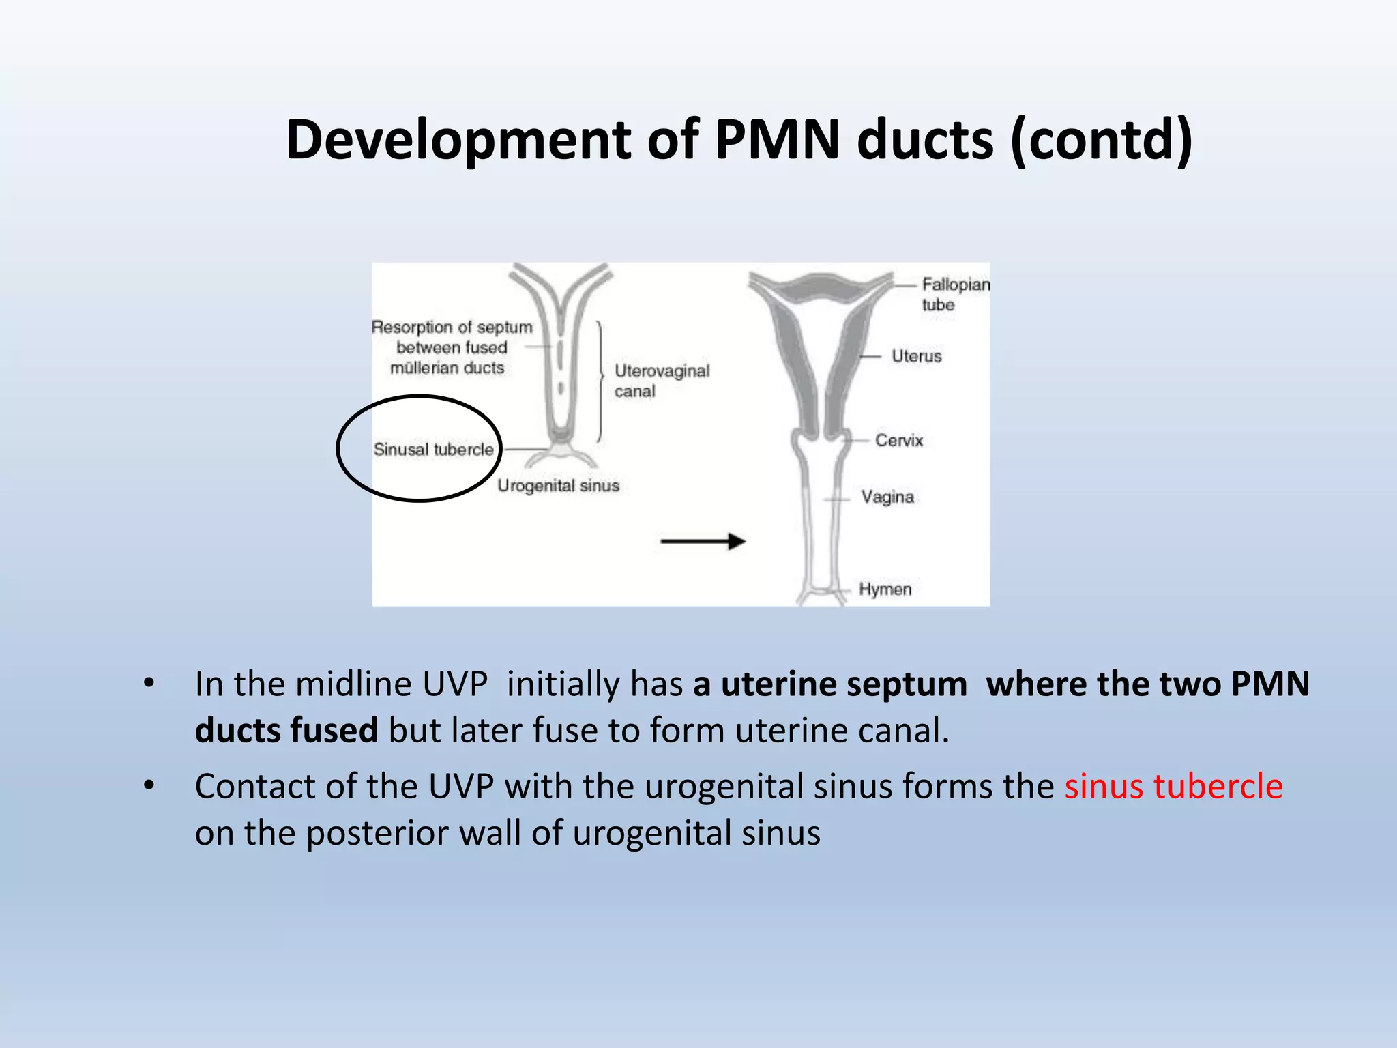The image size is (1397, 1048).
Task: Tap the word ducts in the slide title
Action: [925, 140]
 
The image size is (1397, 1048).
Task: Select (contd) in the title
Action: [1101, 140]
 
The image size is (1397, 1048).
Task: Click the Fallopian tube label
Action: [954, 294]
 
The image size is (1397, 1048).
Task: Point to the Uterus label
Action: [916, 356]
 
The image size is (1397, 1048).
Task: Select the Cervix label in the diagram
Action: [898, 440]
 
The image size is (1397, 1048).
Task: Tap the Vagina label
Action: [887, 497]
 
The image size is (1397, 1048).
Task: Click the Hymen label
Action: [885, 589]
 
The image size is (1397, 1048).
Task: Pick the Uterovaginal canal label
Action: [661, 381]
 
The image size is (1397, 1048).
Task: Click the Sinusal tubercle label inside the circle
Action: [433, 450]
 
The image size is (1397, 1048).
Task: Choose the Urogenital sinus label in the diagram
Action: [558, 486]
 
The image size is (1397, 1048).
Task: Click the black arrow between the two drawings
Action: [703, 542]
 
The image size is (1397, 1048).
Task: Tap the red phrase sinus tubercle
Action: [1173, 786]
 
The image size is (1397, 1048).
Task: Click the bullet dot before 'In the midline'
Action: [149, 683]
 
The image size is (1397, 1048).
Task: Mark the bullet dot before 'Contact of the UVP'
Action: [149, 786]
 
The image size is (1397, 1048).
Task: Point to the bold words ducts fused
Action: [286, 730]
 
